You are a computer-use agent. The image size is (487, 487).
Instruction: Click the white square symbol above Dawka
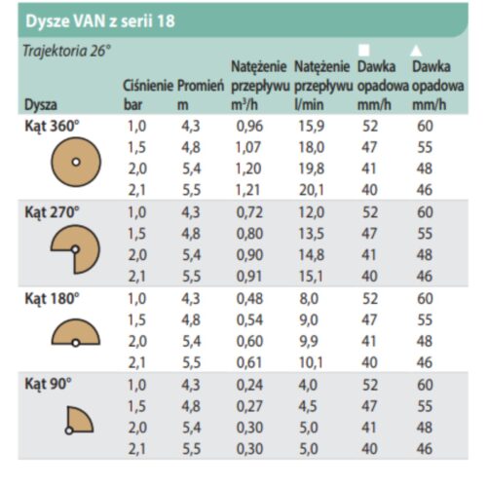coord(365,50)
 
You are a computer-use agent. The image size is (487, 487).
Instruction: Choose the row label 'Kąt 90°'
coord(47,385)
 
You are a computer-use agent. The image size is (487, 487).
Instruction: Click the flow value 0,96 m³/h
coord(249,125)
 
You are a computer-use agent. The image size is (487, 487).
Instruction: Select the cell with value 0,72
coord(249,211)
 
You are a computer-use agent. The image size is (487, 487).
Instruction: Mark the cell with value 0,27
coord(249,407)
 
